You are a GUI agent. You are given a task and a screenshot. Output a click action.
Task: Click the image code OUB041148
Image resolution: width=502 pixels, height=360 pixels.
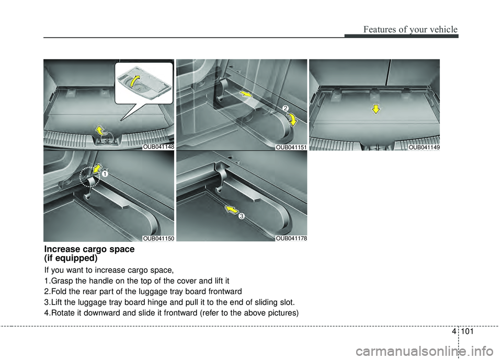tap(158, 147)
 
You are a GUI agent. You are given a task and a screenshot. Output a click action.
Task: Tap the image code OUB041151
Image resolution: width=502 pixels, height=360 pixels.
tap(291, 147)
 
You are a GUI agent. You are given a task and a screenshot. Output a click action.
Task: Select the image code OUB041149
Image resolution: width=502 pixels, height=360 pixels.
tap(424, 147)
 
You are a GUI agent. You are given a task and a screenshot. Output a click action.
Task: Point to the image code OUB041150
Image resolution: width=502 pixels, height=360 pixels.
tap(158, 238)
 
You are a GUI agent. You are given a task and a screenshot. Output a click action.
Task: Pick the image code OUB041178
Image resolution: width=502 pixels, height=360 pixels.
tap(291, 238)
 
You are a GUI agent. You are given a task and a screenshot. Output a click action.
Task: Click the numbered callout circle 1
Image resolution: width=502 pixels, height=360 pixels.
tap(104, 174)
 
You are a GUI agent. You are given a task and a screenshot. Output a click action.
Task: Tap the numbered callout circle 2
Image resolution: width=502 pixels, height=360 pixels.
tap(286, 108)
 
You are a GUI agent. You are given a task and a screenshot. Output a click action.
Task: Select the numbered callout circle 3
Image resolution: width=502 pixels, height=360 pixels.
tap(242, 216)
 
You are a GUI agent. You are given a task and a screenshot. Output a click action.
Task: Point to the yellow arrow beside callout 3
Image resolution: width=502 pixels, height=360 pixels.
tap(230, 210)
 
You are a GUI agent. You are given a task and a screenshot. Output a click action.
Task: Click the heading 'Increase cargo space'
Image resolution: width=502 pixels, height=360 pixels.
tap(89, 249)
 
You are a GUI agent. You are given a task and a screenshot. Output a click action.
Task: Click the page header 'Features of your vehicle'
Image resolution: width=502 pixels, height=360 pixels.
tap(413, 29)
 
